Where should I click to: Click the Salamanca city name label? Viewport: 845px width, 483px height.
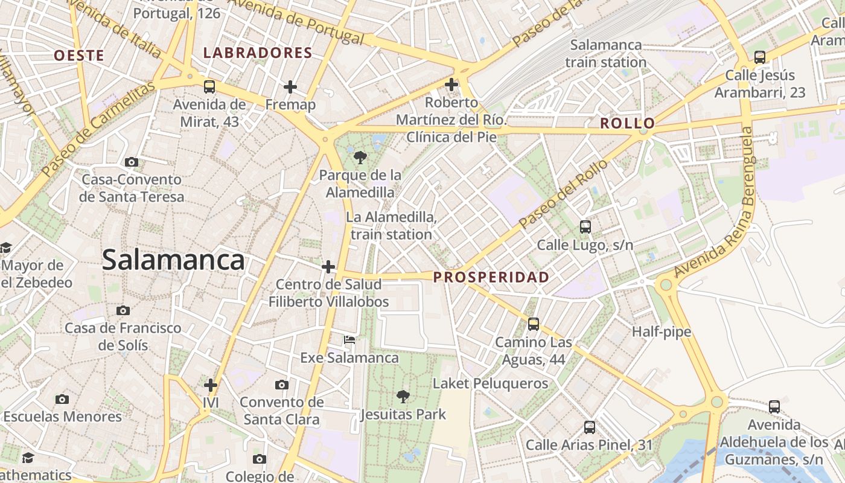[x=173, y=260]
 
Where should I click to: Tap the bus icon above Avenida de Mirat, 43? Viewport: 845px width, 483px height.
[x=209, y=86]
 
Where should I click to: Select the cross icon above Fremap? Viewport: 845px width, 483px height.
[x=290, y=87]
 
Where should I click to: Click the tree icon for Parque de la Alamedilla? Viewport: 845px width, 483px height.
[x=360, y=158]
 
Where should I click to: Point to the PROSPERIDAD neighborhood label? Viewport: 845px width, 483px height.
[x=491, y=278]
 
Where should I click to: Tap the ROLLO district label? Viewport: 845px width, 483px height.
[x=627, y=124]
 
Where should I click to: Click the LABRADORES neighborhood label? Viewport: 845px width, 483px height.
[x=258, y=53]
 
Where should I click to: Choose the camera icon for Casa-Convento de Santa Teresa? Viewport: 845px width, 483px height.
[x=131, y=162]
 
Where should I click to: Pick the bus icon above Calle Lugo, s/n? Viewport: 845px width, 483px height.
[x=585, y=227]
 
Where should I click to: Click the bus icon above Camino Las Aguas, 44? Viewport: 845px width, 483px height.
[x=534, y=324]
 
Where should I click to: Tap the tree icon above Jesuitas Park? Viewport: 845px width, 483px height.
[x=403, y=397]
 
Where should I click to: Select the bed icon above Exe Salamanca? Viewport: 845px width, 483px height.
[x=349, y=340]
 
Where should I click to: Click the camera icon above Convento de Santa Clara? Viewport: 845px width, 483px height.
[x=281, y=385]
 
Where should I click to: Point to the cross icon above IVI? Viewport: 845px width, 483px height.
[x=210, y=385]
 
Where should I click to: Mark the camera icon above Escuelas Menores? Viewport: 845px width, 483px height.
[x=62, y=399]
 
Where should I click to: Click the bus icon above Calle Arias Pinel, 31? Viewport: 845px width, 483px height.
[x=590, y=427]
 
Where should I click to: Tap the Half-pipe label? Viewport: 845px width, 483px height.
[x=662, y=331]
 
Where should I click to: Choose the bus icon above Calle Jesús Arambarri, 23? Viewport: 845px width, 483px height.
[x=760, y=57]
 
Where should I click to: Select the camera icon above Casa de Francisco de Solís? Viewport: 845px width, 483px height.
[x=123, y=310]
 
